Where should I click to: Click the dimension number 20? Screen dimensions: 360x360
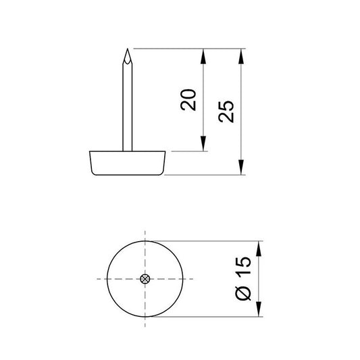(190, 99)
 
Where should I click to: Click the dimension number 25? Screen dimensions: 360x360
(228, 111)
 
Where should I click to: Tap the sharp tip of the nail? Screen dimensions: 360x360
(126, 51)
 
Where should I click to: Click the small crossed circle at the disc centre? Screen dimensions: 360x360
(145, 279)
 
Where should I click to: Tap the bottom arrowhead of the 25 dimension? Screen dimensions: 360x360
(242, 170)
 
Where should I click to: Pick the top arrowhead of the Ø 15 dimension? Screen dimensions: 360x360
(260, 246)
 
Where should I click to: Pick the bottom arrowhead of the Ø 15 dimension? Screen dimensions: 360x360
(260, 311)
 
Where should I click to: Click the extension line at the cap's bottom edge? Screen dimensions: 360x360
(203, 175)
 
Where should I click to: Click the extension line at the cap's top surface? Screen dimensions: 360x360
(182, 151)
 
